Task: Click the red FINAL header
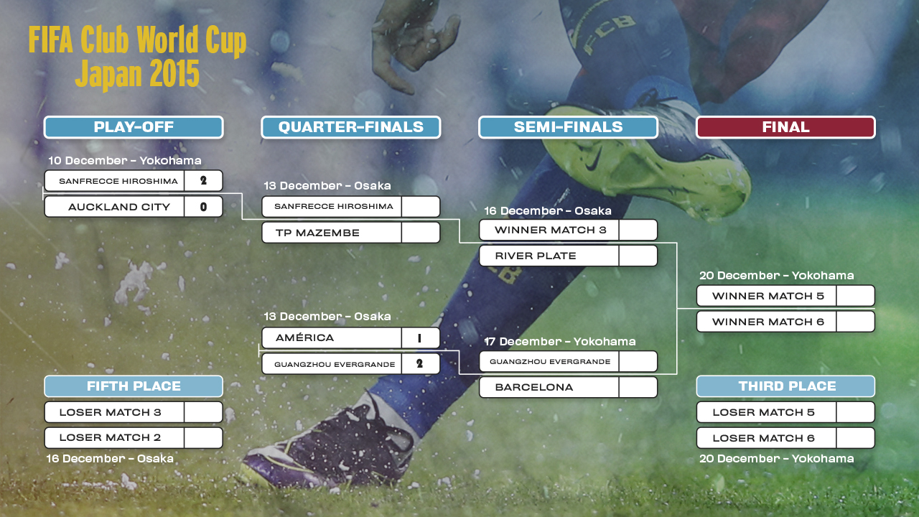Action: (785, 127)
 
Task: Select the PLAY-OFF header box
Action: (134, 127)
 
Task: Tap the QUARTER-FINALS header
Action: (351, 127)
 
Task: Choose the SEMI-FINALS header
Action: (568, 127)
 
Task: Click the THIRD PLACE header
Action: (785, 386)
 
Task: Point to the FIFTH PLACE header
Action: (134, 386)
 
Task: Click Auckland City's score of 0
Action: (203, 207)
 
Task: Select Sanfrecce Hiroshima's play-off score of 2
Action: (203, 180)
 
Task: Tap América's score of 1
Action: (419, 338)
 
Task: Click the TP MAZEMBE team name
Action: (317, 233)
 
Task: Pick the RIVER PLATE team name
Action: (536, 256)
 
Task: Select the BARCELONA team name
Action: (533, 387)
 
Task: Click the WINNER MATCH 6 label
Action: (768, 322)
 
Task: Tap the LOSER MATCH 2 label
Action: (110, 438)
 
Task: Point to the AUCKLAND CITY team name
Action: (119, 207)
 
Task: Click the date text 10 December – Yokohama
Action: (125, 160)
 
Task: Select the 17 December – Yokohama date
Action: (559, 341)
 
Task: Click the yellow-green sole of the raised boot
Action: (640, 164)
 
